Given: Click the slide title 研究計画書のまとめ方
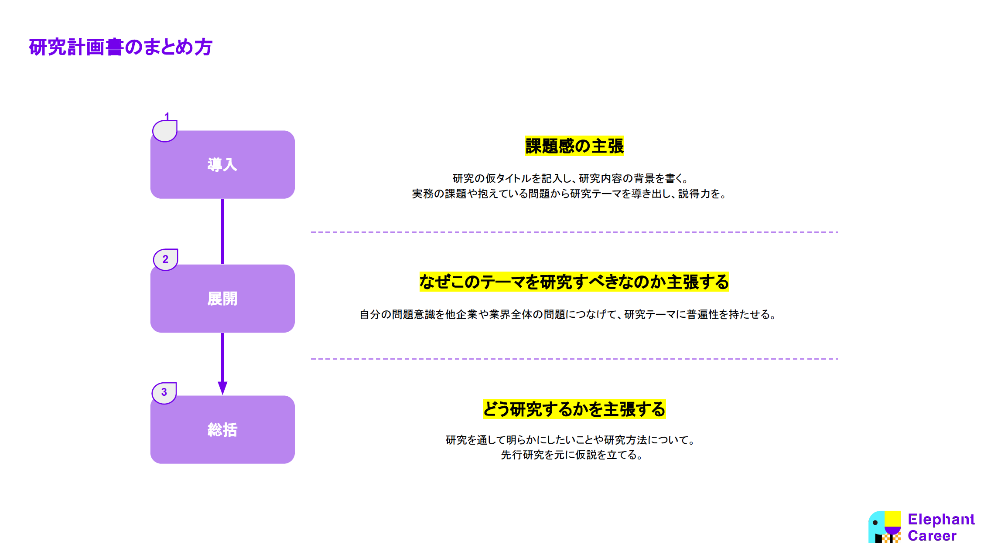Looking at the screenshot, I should [120, 47].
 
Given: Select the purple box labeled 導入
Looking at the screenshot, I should [222, 164].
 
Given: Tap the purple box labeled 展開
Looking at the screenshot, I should [222, 299].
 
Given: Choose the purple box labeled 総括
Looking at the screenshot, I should [222, 429].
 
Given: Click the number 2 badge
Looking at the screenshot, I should [165, 259].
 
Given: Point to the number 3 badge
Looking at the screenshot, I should [164, 392].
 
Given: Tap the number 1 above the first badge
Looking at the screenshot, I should [167, 116].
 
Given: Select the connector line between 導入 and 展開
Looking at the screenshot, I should [222, 231].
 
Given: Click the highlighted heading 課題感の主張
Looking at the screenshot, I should [574, 146].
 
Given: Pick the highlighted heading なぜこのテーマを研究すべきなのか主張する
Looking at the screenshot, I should [574, 282].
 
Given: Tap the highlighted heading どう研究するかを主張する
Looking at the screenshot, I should [574, 409].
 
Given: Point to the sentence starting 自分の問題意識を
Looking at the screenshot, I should [568, 314].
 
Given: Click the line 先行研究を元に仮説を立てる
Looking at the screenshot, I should [571, 455].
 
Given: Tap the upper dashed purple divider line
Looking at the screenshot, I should [574, 232].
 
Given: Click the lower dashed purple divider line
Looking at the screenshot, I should [574, 359].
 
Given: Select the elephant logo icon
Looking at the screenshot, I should [885, 527].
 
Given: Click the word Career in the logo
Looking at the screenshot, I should [932, 536].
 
